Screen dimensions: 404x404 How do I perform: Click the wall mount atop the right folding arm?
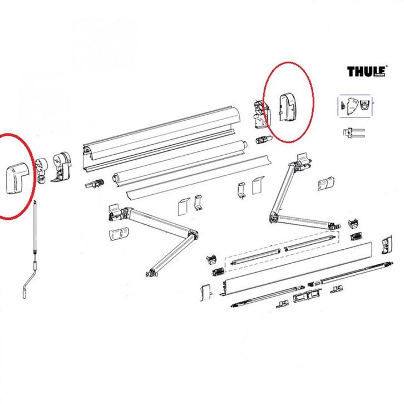(304, 160)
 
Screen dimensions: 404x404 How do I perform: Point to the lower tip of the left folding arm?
(149, 273)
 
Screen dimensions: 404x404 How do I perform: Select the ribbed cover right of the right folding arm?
(326, 185)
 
